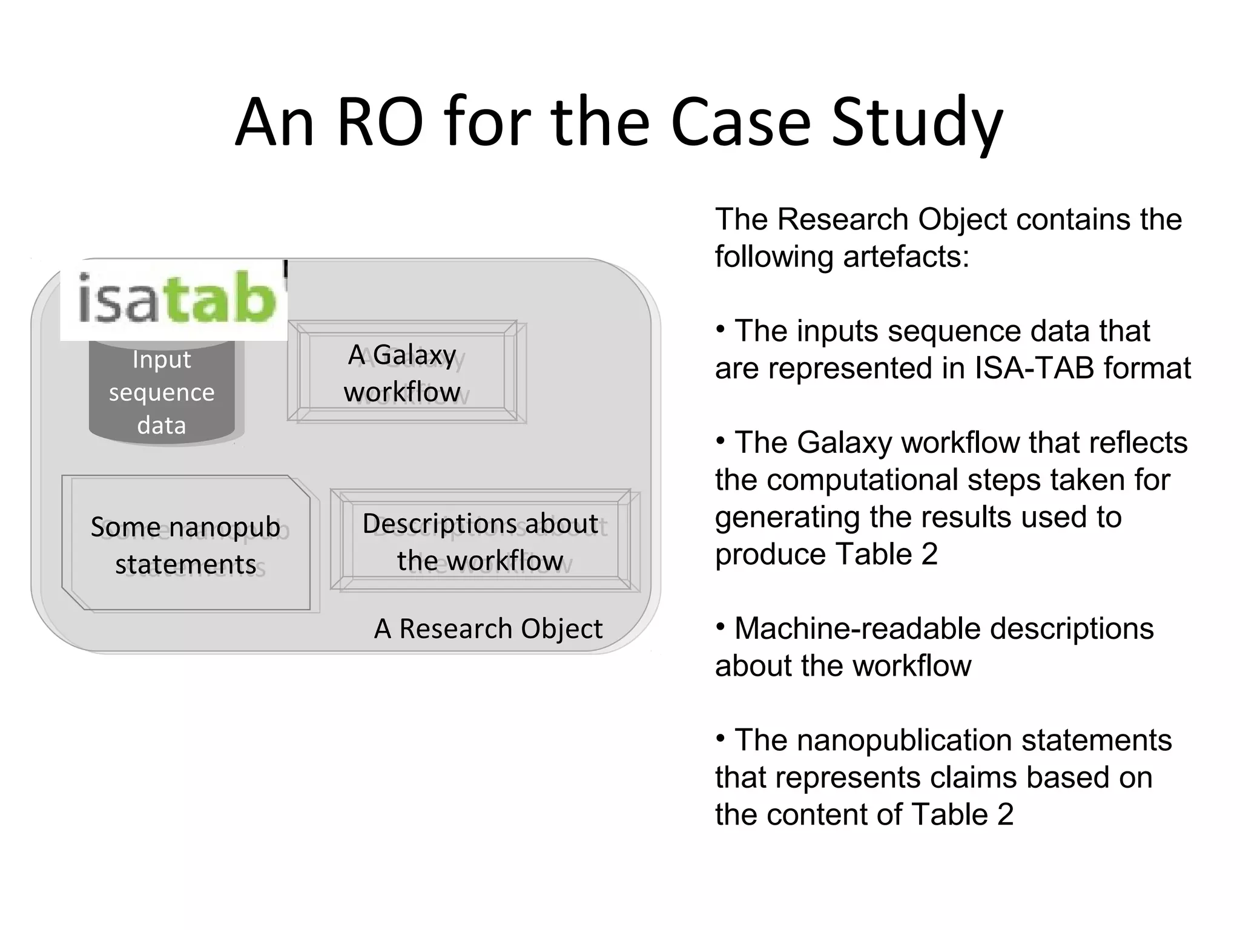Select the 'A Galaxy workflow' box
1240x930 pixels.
(x=402, y=372)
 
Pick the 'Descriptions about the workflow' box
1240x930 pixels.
(x=480, y=541)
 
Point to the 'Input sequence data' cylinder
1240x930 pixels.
(x=162, y=392)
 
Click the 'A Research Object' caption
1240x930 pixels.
(x=488, y=628)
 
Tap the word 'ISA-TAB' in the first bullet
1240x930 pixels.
(x=1037, y=368)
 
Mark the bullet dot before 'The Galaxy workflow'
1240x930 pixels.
(x=721, y=441)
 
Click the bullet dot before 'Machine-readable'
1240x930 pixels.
(x=721, y=627)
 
